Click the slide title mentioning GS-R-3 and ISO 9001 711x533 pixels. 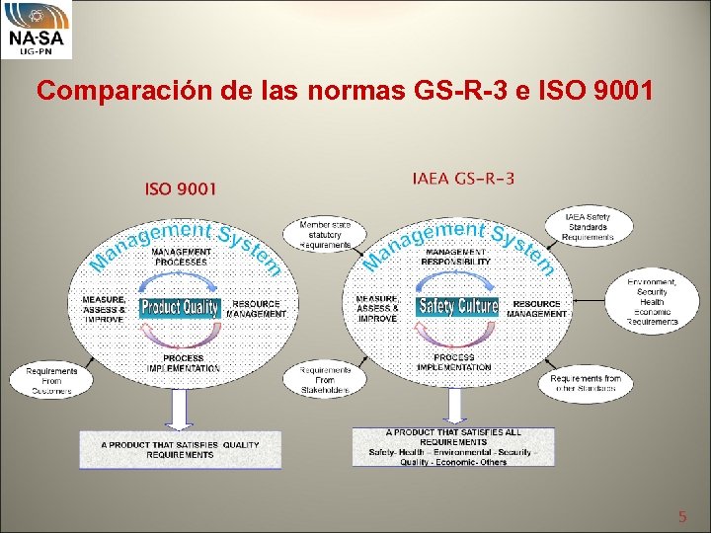point(344,92)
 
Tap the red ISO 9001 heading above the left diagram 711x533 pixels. point(181,188)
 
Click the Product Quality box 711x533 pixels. point(180,307)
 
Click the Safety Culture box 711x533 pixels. point(456,306)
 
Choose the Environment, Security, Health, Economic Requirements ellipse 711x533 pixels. point(652,300)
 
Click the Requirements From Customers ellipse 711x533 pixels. point(50,381)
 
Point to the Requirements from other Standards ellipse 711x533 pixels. point(586,383)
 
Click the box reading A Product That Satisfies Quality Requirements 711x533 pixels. point(180,449)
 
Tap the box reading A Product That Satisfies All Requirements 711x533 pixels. point(452,446)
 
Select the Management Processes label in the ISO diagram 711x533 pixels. point(180,257)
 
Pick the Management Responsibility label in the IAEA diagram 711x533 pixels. point(455,257)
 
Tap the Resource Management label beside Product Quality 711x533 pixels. point(256,308)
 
